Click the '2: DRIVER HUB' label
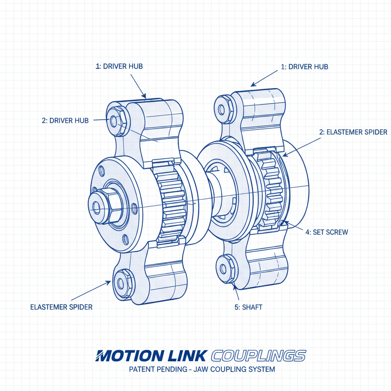tap(65, 121)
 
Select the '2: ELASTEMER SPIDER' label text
tap(353, 132)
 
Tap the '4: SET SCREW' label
tap(327, 232)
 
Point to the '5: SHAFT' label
tap(248, 307)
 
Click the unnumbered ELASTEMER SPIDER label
tap(61, 307)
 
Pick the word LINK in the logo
tap(188, 355)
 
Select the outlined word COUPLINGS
tap(258, 355)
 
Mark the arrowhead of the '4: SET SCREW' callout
tap(283, 222)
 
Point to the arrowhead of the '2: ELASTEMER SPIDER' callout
tap(283, 156)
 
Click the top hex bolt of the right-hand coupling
tap(223, 107)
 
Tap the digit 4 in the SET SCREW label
tap(308, 232)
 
